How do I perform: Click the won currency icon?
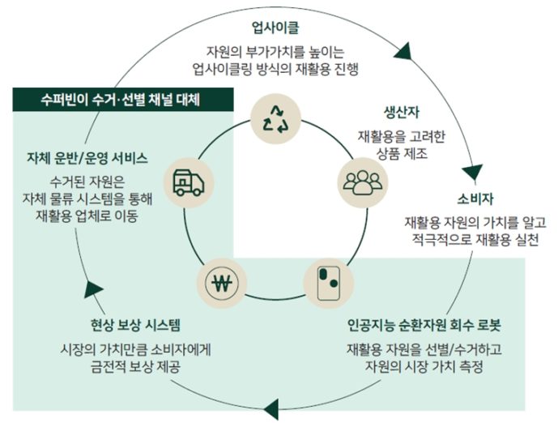point(220,284)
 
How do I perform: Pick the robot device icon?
point(327,282)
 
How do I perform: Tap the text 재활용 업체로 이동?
point(87,217)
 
